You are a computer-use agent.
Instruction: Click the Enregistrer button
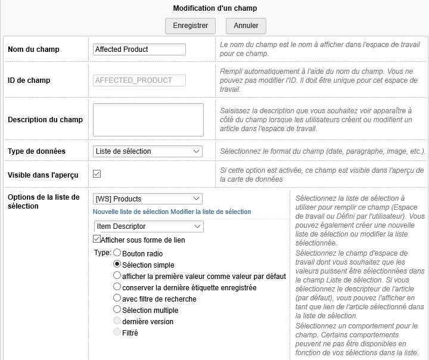tap(190, 26)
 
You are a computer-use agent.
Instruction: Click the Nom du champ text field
tap(139, 49)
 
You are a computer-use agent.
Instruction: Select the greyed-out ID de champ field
tap(139, 80)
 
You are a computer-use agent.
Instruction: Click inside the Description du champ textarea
tap(148, 120)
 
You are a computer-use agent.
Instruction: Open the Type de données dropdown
tap(148, 151)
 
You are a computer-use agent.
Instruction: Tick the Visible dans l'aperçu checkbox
tap(97, 174)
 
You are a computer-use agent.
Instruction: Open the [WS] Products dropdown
tap(148, 199)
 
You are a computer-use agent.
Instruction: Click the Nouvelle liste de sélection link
tap(131, 212)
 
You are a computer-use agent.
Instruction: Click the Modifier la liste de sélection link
tap(211, 212)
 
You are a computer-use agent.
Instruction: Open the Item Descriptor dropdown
tap(148, 226)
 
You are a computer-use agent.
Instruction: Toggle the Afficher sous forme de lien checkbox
tap(97, 240)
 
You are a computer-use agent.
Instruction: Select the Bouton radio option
tap(117, 253)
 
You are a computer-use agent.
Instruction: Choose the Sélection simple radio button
tap(117, 264)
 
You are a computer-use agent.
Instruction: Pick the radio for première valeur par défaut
tap(117, 275)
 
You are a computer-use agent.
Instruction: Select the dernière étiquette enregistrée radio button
tap(117, 287)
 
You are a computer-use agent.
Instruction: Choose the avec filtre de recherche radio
tap(117, 298)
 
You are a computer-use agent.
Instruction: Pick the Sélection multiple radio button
tap(117, 309)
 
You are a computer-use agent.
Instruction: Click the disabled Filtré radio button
tap(117, 332)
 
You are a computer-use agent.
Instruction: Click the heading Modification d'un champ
tap(215, 8)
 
